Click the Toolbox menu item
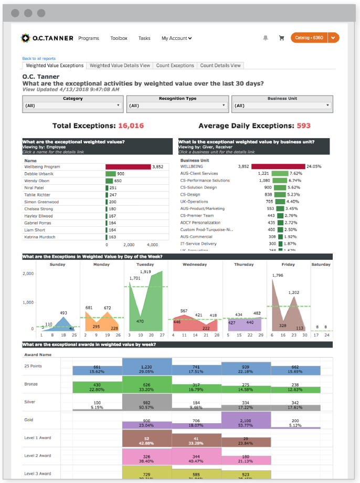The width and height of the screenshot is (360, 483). [119, 38]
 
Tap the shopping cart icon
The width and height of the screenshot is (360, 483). [281, 38]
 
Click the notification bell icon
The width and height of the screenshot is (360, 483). [266, 38]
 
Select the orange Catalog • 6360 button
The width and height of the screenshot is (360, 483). [310, 38]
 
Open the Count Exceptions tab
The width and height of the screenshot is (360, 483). [175, 66]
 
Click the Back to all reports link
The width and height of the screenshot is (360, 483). [39, 58]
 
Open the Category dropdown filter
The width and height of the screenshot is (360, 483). [73, 106]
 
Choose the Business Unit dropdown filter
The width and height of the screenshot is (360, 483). [282, 106]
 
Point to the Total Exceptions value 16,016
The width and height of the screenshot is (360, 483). [131, 126]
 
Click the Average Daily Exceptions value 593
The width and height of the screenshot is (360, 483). [303, 126]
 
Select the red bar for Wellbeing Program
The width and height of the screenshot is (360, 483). [128, 166]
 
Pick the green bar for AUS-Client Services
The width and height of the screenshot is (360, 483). [280, 173]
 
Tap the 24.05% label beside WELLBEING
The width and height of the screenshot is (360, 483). [314, 166]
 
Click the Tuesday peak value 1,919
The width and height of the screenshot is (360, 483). [145, 272]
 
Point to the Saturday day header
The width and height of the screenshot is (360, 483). [321, 265]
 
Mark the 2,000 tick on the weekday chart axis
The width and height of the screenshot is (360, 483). [28, 274]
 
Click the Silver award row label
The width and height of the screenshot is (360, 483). [30, 402]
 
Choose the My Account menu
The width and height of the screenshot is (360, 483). [176, 38]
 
